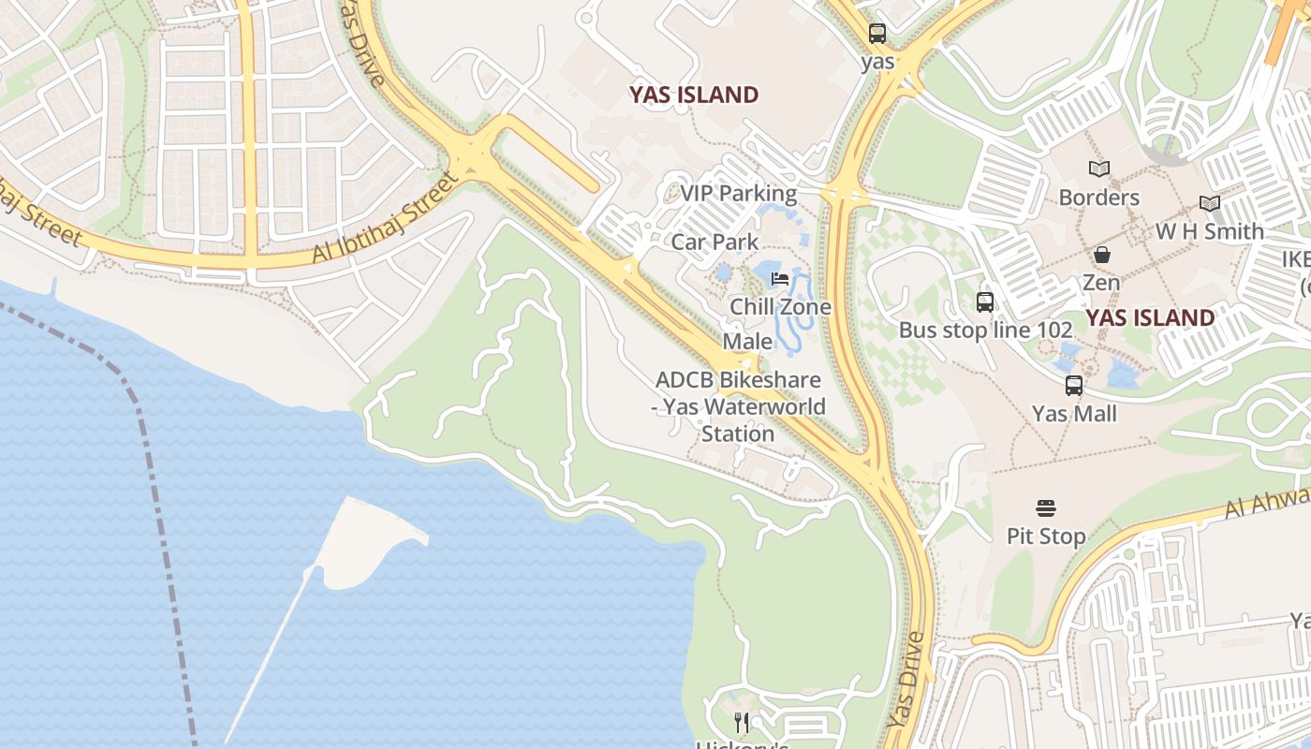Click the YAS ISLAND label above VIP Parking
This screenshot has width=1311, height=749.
694,95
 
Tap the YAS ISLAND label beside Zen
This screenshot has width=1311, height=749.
1150,317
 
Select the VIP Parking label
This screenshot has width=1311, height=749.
739,194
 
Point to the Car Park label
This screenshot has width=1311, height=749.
714,242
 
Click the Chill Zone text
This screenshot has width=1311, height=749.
780,307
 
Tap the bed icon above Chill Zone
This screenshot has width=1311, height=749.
780,278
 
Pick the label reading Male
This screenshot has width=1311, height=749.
747,341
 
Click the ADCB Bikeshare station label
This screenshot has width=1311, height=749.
738,406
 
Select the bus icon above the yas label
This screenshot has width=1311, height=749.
877,34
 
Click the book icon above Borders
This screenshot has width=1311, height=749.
1099,169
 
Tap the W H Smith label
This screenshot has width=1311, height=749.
1209,231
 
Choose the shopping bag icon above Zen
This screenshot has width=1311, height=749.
1102,255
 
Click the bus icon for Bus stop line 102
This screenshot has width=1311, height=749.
985,302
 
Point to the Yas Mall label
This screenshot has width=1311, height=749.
1074,413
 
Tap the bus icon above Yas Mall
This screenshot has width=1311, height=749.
1074,385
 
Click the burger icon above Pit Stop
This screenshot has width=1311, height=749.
1046,508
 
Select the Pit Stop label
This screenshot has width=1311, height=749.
1046,536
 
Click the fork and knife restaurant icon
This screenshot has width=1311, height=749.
742,722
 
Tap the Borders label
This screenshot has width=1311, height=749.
1098,198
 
